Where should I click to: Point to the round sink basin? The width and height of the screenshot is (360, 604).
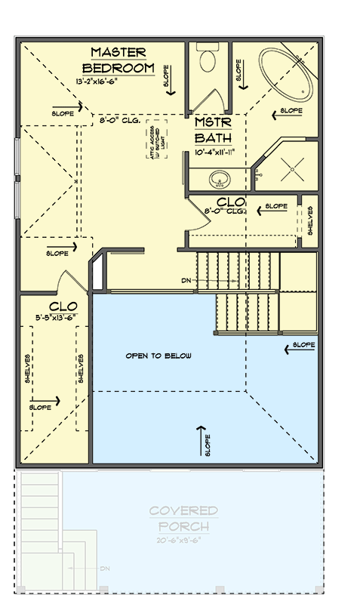pos(219,179)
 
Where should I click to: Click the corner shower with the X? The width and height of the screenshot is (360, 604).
pos(290,168)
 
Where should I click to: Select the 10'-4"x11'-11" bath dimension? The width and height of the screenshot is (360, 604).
pos(215,152)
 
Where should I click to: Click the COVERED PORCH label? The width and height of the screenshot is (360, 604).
pos(183,518)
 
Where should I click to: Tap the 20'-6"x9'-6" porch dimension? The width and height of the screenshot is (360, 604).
pos(183,541)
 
